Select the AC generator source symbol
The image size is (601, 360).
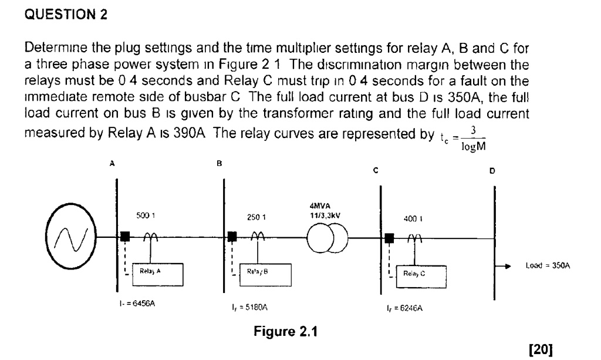pos(68,237)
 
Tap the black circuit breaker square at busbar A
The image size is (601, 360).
pos(124,237)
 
